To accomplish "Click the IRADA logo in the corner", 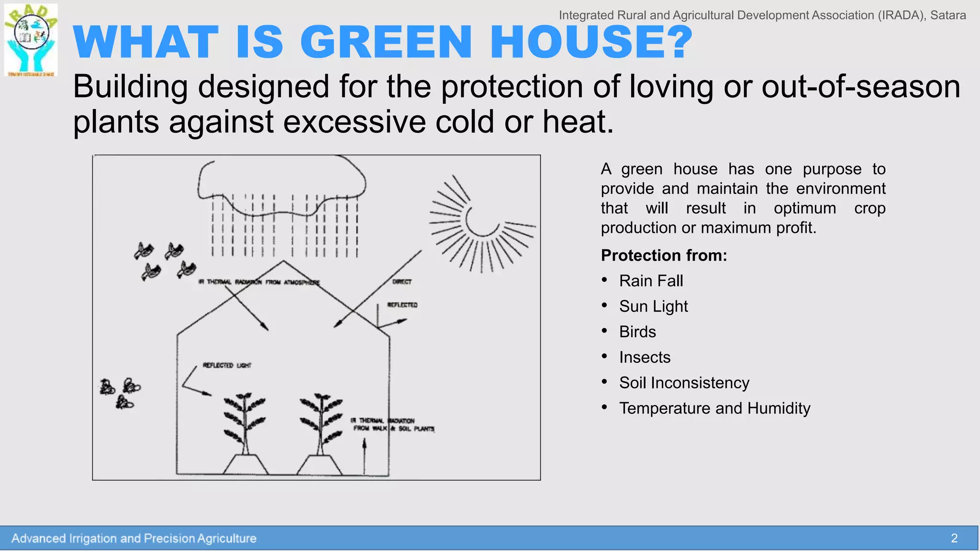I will pyautogui.click(x=31, y=40).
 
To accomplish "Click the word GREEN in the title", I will pyautogui.click(x=386, y=42).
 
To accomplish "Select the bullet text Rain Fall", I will pyautogui.click(x=651, y=281).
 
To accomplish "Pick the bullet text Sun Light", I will pyautogui.click(x=653, y=306).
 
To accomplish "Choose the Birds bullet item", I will pyautogui.click(x=637, y=331).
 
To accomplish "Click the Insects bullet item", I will pyautogui.click(x=645, y=357).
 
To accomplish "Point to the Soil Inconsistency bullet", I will pyautogui.click(x=684, y=383).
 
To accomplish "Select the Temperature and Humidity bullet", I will pyautogui.click(x=714, y=408).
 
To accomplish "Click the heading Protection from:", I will pyautogui.click(x=664, y=255).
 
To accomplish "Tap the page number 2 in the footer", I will pyautogui.click(x=954, y=538).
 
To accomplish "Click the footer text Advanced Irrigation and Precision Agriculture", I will pyautogui.click(x=134, y=539).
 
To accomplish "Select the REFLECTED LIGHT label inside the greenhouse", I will pyautogui.click(x=227, y=365).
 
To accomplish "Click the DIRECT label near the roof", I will pyautogui.click(x=402, y=282).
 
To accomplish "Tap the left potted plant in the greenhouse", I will pyautogui.click(x=245, y=430).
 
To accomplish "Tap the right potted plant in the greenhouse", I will pyautogui.click(x=321, y=430).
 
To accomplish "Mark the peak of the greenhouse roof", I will pyautogui.click(x=283, y=261).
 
